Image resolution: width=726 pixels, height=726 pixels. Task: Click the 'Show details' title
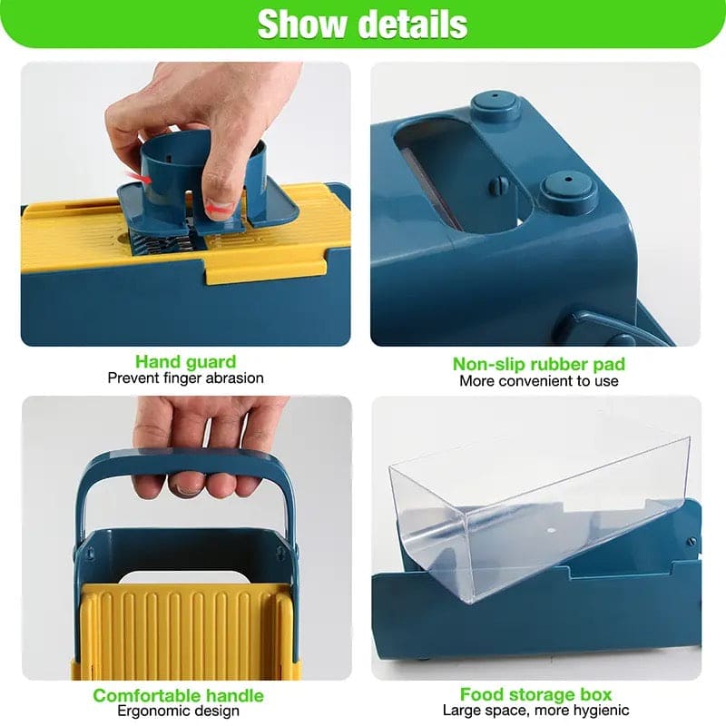point(362,25)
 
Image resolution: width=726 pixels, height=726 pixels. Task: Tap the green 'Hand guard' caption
point(185,362)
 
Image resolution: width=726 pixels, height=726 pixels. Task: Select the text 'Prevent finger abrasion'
point(185,378)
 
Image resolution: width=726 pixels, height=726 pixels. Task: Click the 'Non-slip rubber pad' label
point(538,364)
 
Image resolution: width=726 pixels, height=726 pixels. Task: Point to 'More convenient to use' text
point(538,380)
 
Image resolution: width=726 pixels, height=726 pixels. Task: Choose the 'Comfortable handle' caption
point(179,696)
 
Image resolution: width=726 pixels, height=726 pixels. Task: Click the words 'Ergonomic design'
point(179,711)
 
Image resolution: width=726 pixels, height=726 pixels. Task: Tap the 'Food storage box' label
point(535,695)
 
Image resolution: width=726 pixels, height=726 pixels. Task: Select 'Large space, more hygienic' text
point(535,711)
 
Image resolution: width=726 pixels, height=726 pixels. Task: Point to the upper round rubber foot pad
point(495,106)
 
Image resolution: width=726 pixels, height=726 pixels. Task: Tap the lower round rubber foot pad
point(566,192)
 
